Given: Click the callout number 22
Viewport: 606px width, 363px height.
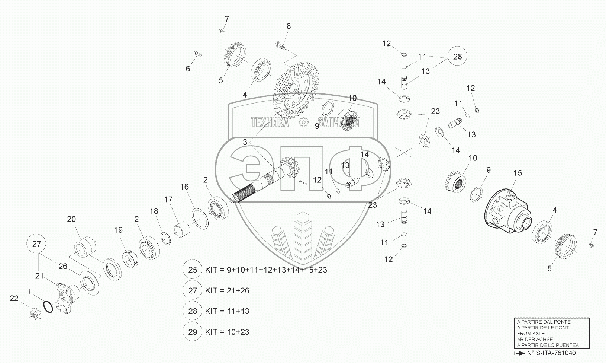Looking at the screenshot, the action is pyautogui.click(x=14, y=298).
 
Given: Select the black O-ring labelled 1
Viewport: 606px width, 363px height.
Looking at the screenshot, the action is pyautogui.click(x=48, y=307).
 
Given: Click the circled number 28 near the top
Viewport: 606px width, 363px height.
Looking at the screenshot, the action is pyautogui.click(x=458, y=57).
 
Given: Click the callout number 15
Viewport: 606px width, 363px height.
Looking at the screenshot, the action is pyautogui.click(x=518, y=173).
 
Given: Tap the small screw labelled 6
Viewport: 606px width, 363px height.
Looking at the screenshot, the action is pyautogui.click(x=197, y=54).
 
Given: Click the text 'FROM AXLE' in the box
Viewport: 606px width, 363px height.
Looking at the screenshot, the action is pyautogui.click(x=531, y=333).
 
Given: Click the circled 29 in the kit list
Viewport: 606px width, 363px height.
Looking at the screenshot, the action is pyautogui.click(x=193, y=332).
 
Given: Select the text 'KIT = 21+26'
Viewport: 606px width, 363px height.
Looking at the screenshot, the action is pyautogui.click(x=227, y=290).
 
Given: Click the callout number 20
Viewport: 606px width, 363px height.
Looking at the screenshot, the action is pyautogui.click(x=71, y=219).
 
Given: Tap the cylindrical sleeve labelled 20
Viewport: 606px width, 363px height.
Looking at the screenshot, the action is pyautogui.click(x=86, y=247).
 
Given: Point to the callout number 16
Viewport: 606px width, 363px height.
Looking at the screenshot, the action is pyautogui.click(x=184, y=187).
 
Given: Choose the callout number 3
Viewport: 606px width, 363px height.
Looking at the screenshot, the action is pyautogui.click(x=245, y=142).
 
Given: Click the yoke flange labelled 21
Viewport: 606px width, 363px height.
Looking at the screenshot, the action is pyautogui.click(x=67, y=298).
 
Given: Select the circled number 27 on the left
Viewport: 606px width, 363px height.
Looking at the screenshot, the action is pyautogui.click(x=36, y=244).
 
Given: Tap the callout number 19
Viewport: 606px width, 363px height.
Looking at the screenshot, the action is pyautogui.click(x=118, y=230).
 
